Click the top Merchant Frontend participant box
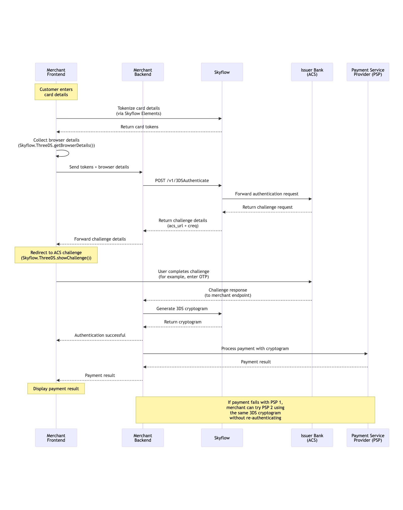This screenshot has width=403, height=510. [x=56, y=72]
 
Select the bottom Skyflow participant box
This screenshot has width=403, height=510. [x=222, y=438]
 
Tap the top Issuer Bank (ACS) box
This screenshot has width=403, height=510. [x=312, y=72]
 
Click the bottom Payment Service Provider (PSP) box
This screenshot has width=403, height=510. [x=368, y=438]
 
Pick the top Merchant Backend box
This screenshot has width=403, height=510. [x=143, y=72]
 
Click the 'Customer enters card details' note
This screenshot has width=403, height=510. [x=56, y=92]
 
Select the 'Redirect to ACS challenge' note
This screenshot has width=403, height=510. [x=56, y=255]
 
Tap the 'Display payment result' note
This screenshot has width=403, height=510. [x=56, y=389]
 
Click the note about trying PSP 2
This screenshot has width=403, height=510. [x=255, y=410]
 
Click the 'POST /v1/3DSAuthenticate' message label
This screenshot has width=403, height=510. [x=182, y=181]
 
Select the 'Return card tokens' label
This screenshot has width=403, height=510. [x=139, y=127]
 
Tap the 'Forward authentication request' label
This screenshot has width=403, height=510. [x=267, y=194]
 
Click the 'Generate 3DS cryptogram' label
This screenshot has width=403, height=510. [x=182, y=309]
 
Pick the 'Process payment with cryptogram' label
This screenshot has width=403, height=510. [x=255, y=349]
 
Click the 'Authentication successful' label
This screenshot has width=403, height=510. [x=100, y=335]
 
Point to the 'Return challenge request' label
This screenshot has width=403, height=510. [x=267, y=207]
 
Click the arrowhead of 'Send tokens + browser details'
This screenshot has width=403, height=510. [x=141, y=172]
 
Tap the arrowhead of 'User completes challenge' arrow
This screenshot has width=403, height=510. [x=310, y=282]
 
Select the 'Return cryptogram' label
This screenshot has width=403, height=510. [x=183, y=322]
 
